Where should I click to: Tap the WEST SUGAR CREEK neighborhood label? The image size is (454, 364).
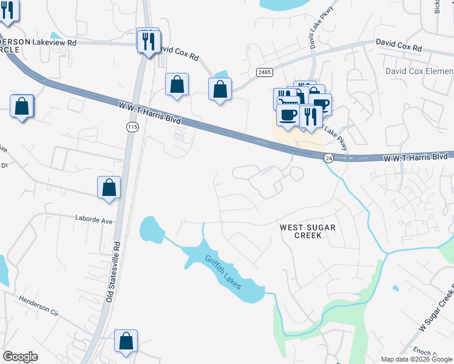coord(307,231)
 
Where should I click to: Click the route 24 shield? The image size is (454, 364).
coord(328,158)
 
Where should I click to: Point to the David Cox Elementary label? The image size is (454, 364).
coord(419,71)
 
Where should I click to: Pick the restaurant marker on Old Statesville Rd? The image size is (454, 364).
coord(148,41)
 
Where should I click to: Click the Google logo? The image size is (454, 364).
coord(20,357)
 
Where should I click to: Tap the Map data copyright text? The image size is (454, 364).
coord(416,359)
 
